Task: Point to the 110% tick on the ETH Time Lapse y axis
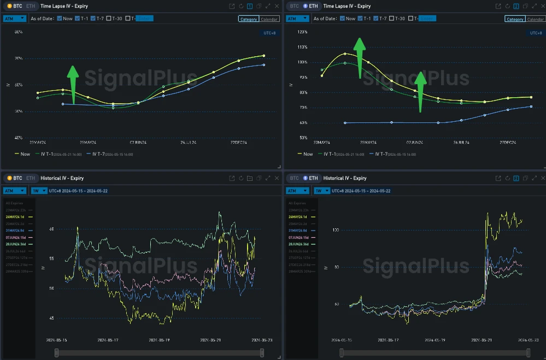click(x=302, y=47)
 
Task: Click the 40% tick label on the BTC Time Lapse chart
click(x=18, y=137)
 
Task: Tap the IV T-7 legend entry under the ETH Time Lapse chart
click(x=392, y=154)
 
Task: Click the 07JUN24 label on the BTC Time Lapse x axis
click(x=138, y=143)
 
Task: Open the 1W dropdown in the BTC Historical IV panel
click(x=38, y=191)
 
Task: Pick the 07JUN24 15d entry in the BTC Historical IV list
click(x=19, y=238)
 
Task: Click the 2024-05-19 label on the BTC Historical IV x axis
click(x=160, y=340)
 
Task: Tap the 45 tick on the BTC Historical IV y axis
click(x=52, y=318)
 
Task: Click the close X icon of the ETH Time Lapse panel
click(x=541, y=6)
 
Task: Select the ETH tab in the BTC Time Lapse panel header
click(x=31, y=6)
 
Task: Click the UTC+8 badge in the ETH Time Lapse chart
click(x=536, y=33)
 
